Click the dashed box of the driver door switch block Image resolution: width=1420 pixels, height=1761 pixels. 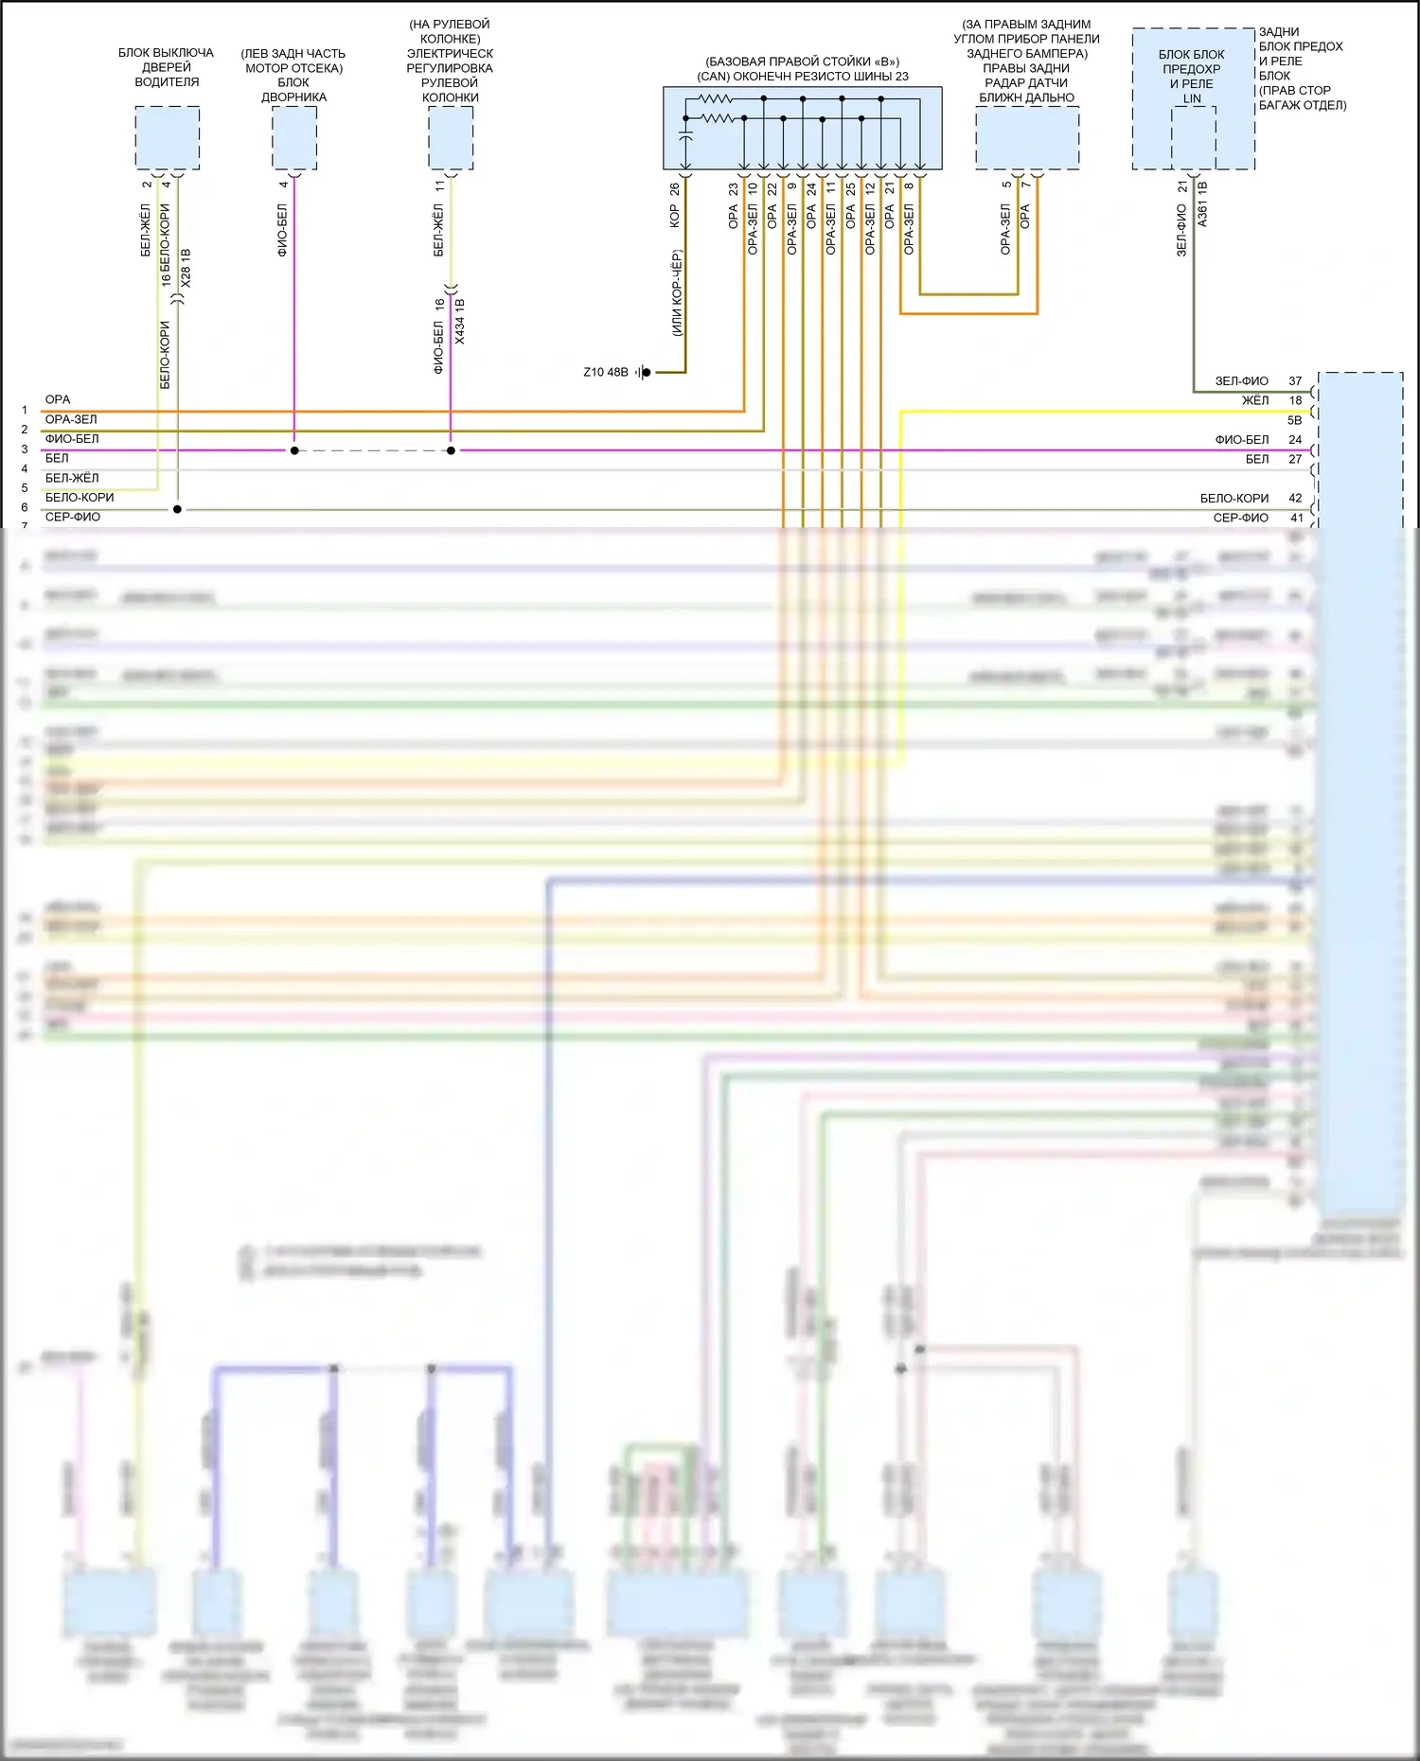167,138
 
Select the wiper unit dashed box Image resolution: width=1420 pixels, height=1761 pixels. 294,138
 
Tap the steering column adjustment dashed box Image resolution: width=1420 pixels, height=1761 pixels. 451,138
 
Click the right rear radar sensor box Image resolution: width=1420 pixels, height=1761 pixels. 1027,138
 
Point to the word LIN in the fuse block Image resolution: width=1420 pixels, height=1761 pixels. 1192,98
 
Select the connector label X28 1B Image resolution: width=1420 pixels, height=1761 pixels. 186,269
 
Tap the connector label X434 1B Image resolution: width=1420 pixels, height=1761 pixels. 460,322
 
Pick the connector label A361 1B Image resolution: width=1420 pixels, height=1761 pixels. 1202,204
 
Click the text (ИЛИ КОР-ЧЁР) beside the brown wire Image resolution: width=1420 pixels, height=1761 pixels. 677,293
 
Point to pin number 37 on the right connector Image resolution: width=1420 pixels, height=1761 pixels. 1295,381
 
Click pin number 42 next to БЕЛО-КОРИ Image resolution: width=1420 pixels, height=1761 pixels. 1295,499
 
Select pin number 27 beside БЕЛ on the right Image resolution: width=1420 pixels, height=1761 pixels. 1295,460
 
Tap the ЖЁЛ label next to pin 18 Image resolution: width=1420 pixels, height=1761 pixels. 1255,401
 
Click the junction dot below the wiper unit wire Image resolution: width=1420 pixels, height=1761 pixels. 294,450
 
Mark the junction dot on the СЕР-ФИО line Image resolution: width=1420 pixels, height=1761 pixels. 177,509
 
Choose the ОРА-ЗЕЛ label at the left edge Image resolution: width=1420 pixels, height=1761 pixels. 71,420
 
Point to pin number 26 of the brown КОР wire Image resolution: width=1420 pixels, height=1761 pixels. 674,189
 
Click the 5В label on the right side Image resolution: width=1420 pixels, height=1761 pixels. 1294,421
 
